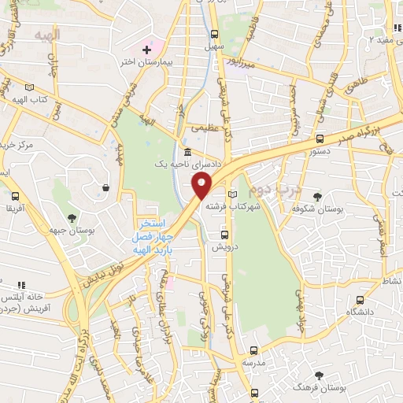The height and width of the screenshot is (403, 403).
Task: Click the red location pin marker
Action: [202, 187]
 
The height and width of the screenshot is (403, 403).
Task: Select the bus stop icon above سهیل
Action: [213, 34]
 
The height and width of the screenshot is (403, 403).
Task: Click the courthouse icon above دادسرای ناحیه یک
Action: [187, 153]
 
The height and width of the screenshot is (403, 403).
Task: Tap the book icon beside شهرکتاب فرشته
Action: [231, 194]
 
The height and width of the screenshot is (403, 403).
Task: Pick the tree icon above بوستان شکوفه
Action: [316, 197]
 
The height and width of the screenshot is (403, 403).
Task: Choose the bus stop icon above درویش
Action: [225, 235]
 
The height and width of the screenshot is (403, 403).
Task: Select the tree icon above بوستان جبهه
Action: [72, 216]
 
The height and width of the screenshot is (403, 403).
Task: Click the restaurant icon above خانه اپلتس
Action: [21, 284]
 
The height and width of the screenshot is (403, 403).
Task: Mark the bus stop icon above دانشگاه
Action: [360, 300]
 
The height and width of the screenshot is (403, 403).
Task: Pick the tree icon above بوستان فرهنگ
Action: [319, 376]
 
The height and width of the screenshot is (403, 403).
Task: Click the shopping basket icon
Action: [105, 187]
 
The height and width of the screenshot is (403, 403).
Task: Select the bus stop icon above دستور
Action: [319, 139]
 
